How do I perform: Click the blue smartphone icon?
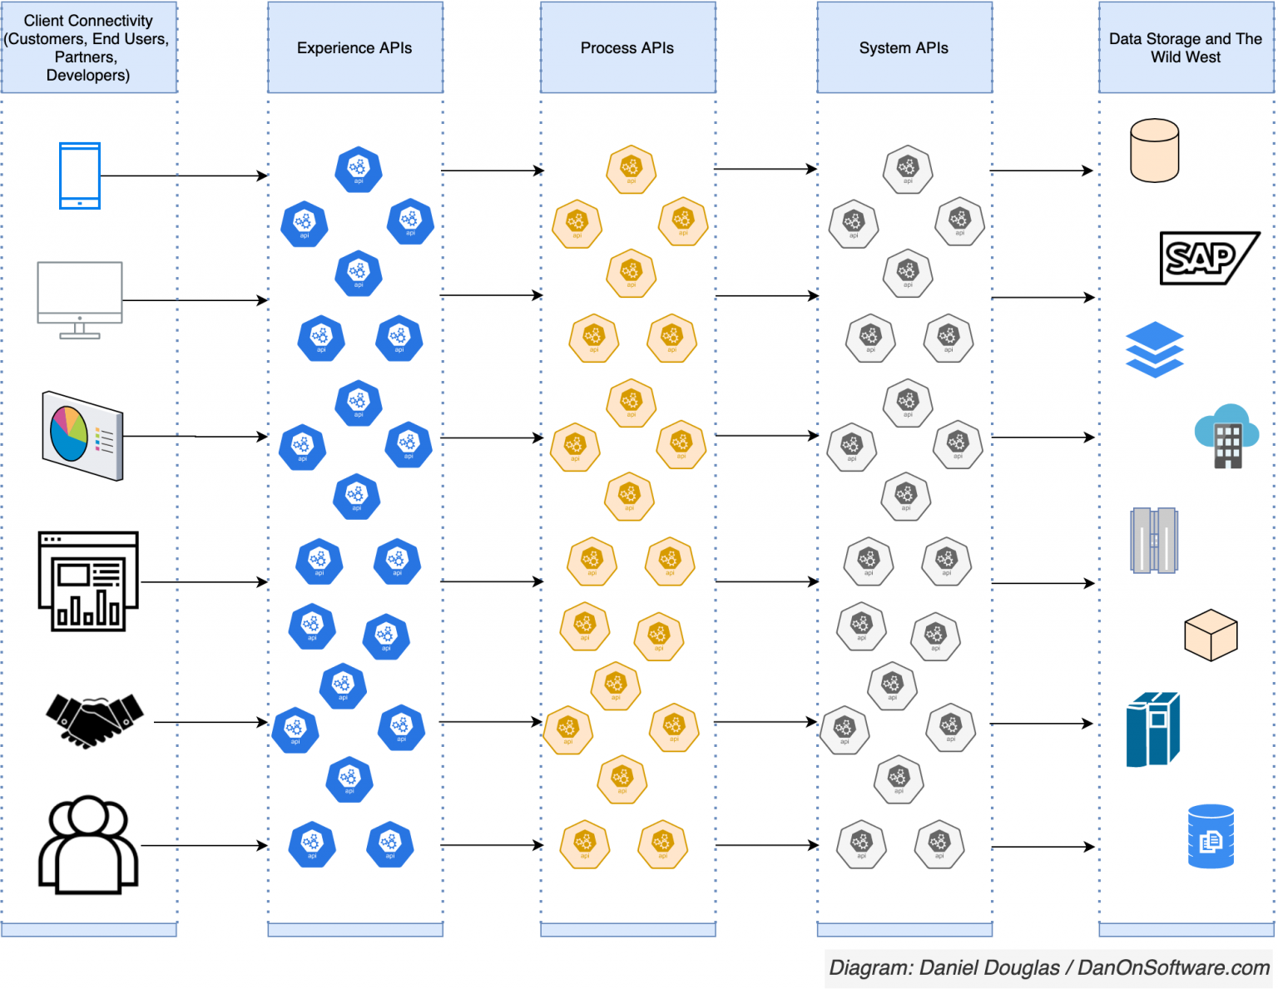pos(80,176)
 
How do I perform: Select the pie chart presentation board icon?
pos(82,435)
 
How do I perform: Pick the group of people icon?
pos(88,845)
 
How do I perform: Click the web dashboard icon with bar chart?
pos(88,581)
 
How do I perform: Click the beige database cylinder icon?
pos(1154,151)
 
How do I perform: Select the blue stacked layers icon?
pos(1154,349)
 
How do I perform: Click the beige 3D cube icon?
pos(1211,635)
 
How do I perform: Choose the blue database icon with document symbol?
pos(1211,836)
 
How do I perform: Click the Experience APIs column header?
pos(354,47)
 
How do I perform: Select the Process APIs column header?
pos(627,47)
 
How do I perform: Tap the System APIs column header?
pos(904,47)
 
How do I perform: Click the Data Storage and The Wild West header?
pos(1185,47)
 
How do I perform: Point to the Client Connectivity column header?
pos(88,47)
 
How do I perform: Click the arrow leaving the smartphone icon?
pos(183,176)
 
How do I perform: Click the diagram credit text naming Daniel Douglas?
pos(1048,967)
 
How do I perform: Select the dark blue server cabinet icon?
pos(1152,729)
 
